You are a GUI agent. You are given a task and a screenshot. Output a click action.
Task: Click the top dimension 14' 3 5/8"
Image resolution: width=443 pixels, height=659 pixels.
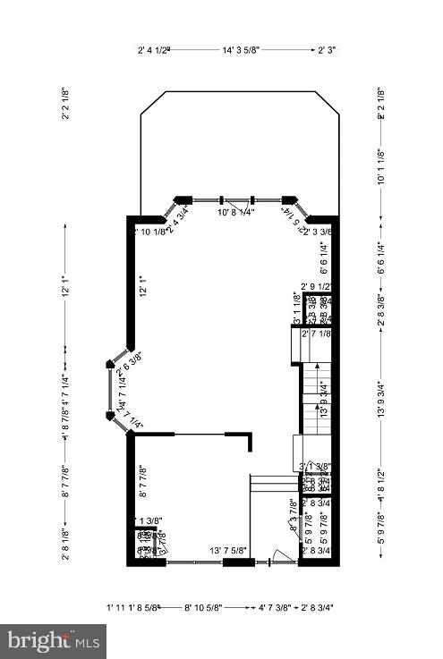242,51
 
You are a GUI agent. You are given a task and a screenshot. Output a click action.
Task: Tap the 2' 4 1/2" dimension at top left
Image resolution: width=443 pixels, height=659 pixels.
154,51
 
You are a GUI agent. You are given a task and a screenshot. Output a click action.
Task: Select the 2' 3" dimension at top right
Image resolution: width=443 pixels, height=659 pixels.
328,51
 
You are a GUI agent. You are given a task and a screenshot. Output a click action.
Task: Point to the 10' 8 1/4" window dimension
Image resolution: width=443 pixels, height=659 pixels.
235,213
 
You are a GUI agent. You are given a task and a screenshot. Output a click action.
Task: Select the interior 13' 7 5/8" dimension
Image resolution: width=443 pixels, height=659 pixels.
229,551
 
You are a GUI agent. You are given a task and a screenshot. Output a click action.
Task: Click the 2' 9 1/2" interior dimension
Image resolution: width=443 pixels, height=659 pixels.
317,287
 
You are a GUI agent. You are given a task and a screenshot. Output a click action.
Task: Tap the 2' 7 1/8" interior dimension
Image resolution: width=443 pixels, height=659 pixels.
317,334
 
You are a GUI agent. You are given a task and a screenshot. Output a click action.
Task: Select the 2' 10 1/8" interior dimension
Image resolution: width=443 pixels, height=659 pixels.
149,232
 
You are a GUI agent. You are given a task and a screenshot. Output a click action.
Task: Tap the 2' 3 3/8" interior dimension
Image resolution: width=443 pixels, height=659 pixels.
318,232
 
